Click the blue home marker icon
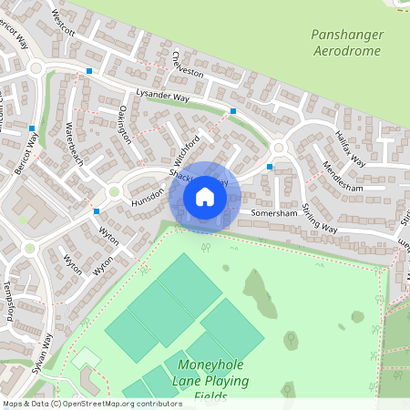pyautogui.click(x=205, y=196)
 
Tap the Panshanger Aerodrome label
pyautogui.click(x=347, y=43)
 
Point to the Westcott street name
pyautogui.click(x=64, y=24)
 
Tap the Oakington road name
pyautogui.click(x=126, y=125)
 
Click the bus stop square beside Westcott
pyautogui.click(x=89, y=70)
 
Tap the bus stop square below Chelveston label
pyautogui.click(x=233, y=111)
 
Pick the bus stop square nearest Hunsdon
pyautogui.click(x=97, y=211)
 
